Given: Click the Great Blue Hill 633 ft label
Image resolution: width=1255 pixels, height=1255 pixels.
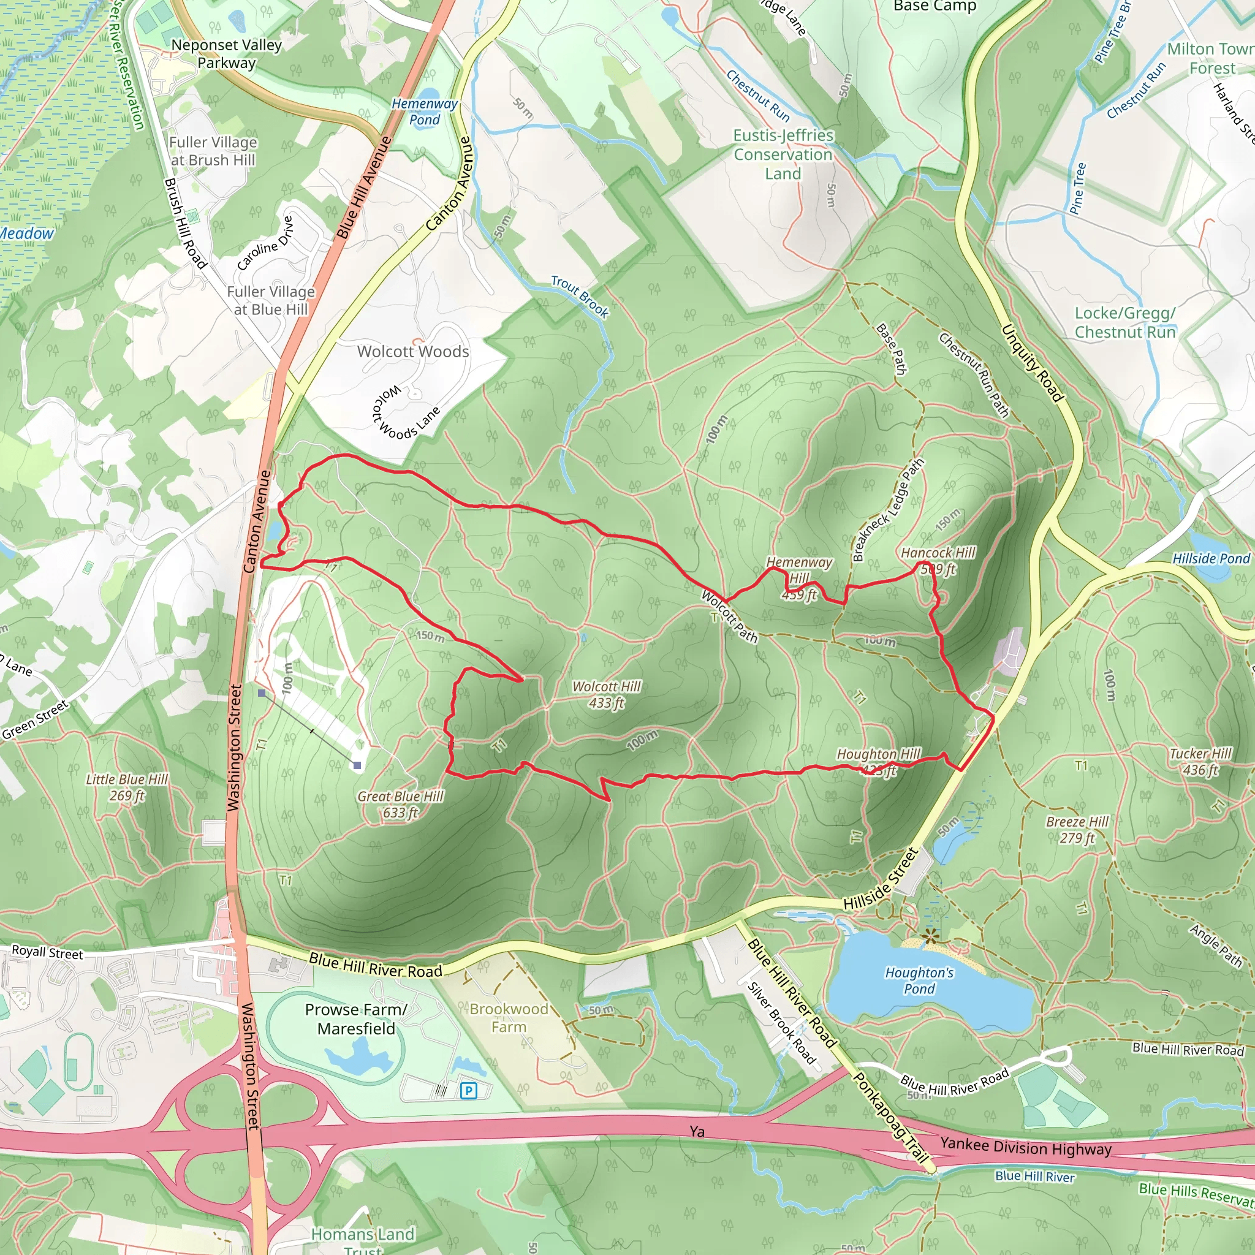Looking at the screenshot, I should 400,804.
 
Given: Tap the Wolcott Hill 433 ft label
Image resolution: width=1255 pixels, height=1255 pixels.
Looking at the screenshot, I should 606,694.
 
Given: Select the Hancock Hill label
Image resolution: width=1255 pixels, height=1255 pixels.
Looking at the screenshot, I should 938,553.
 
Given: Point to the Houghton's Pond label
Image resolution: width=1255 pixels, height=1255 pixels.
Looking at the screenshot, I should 919,980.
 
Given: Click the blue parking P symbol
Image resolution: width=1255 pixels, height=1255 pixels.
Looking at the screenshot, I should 468,1091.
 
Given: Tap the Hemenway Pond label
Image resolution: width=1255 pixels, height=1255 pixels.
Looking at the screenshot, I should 424,111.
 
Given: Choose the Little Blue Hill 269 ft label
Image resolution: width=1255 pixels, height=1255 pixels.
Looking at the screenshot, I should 127,787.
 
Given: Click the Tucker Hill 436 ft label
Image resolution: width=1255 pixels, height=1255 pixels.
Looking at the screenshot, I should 1200,761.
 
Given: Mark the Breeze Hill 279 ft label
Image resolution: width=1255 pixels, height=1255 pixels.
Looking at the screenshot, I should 1077,830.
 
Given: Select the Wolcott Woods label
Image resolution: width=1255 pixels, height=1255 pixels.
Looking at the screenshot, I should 413,351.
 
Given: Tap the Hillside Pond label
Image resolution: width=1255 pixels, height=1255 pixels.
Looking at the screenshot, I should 1211,559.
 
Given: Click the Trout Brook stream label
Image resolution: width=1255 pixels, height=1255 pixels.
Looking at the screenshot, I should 580,296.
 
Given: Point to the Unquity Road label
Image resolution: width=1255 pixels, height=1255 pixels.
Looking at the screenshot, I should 1031,363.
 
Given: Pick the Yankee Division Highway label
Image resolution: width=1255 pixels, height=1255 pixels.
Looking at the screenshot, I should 1026,1147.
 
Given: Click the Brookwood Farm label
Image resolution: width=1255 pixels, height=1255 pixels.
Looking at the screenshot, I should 509,1018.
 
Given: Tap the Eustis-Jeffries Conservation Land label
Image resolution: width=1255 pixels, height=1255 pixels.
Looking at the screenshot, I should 783,154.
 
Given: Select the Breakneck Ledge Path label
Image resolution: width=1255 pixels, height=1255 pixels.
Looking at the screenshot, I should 887,510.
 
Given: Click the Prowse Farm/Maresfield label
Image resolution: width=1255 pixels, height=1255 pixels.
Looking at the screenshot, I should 356,1018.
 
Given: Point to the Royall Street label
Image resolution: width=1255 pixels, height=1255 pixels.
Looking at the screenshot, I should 47,952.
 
